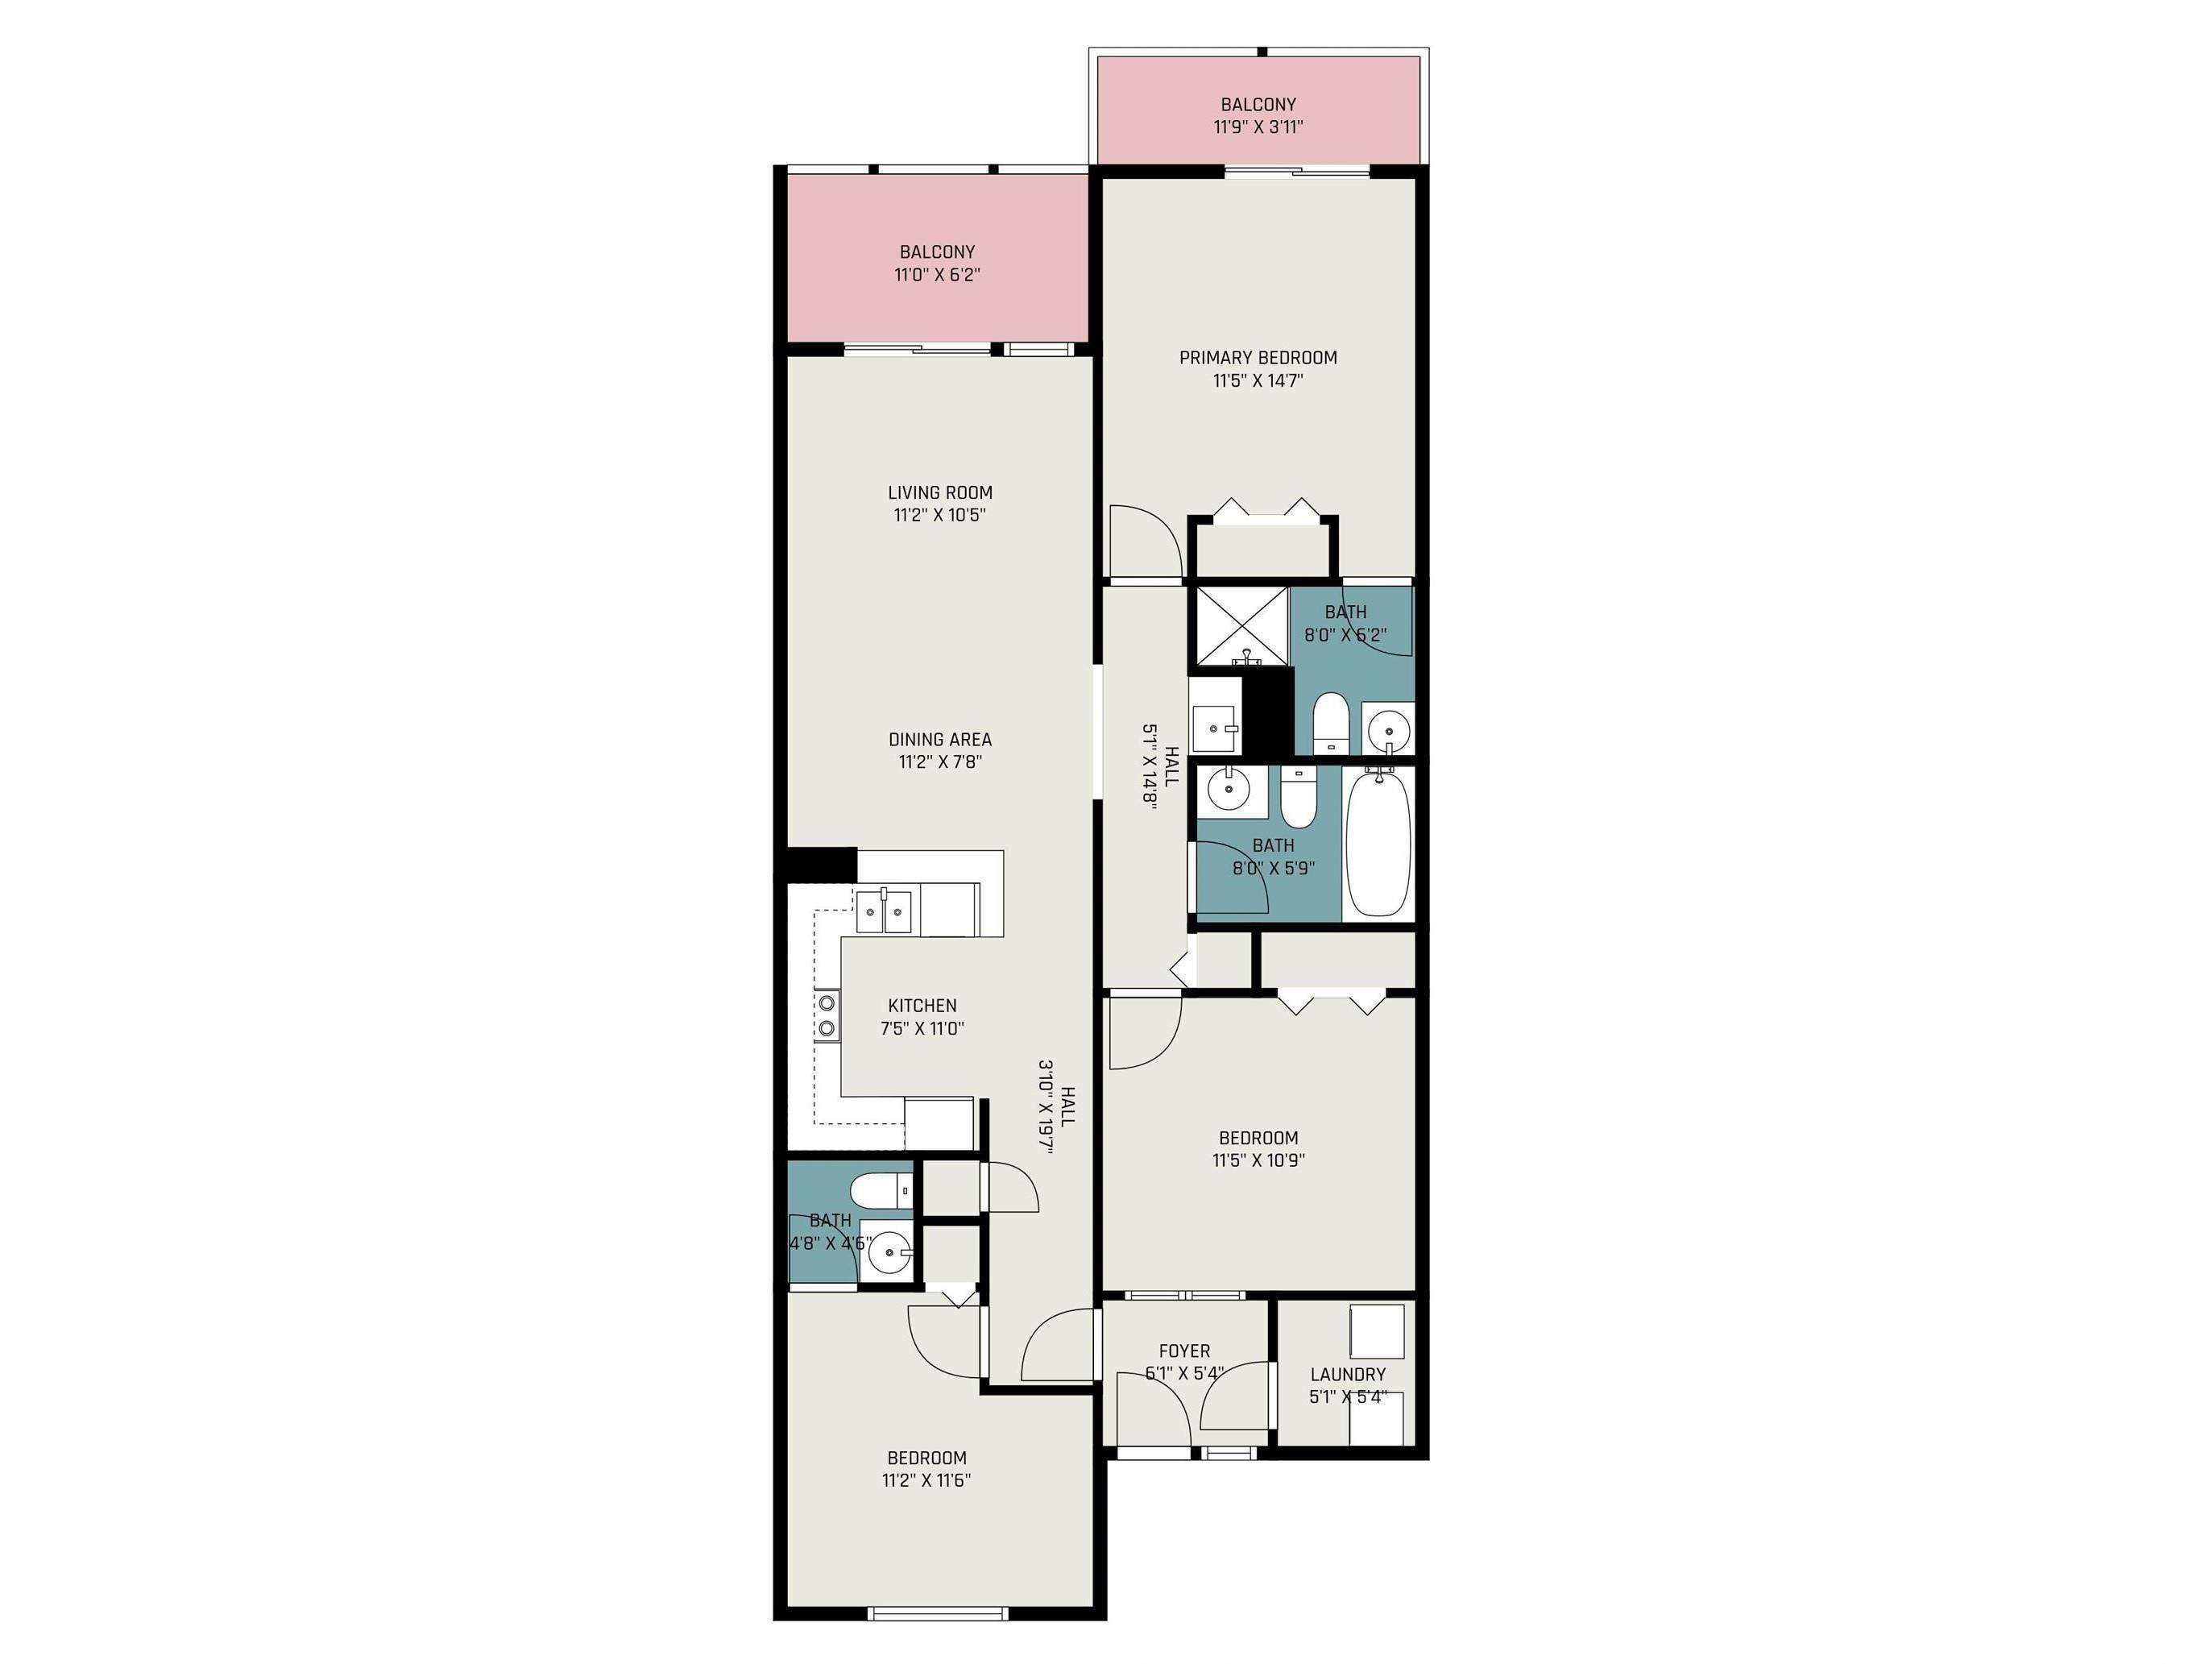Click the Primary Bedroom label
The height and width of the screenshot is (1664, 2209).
pyautogui.click(x=1258, y=358)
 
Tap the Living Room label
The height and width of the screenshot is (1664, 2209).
pyautogui.click(x=939, y=492)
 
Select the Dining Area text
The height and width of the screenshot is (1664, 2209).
pyautogui.click(x=939, y=739)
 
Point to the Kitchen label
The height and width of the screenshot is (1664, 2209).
pyautogui.click(x=922, y=1006)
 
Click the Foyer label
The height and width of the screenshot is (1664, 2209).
pyautogui.click(x=1184, y=1351)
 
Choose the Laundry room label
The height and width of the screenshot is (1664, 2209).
pyautogui.click(x=1348, y=1375)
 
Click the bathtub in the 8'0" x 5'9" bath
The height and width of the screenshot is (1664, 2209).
pyautogui.click(x=1378, y=842)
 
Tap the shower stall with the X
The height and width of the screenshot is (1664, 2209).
pyautogui.click(x=1241, y=626)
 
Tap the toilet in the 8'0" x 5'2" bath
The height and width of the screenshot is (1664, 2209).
pyautogui.click(x=1330, y=723)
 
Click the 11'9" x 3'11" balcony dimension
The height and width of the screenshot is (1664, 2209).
pyautogui.click(x=1258, y=127)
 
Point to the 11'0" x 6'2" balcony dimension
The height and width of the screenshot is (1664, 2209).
pyautogui.click(x=937, y=275)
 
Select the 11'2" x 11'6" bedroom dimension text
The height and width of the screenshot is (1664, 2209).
pyautogui.click(x=926, y=1480)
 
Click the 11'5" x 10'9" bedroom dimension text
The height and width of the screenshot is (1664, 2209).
pyautogui.click(x=1258, y=1160)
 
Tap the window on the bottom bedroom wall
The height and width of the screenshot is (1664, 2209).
pyautogui.click(x=938, y=1612)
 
